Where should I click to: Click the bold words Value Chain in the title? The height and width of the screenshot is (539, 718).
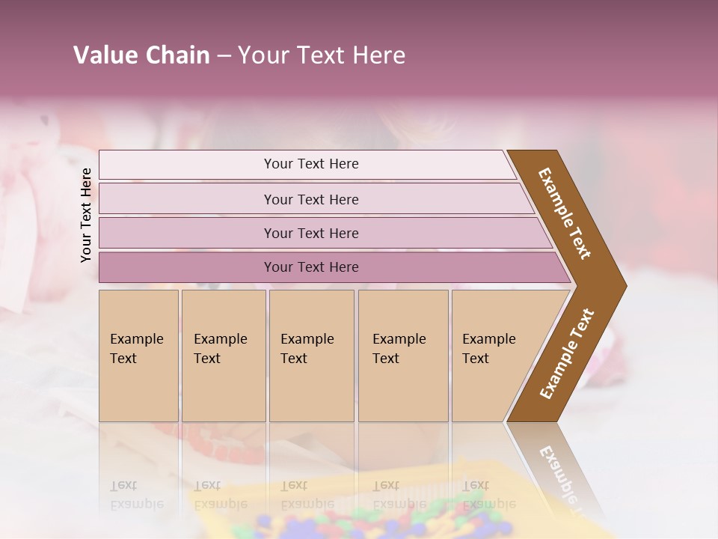point(141,55)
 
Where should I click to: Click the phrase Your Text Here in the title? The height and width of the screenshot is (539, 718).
point(322,55)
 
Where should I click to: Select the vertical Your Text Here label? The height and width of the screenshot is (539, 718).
point(86,215)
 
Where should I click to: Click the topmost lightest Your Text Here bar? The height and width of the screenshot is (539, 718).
point(311,164)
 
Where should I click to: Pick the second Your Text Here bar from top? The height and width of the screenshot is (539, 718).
point(311,199)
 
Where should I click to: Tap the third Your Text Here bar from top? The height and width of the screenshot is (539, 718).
point(311,233)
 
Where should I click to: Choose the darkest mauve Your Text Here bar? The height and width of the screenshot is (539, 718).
point(311,267)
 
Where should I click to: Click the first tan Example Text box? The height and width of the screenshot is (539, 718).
point(138,356)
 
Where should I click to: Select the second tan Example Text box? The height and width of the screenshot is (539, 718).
point(224,356)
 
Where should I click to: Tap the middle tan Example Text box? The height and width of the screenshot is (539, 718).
point(311,356)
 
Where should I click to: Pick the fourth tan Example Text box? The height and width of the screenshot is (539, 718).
point(403,356)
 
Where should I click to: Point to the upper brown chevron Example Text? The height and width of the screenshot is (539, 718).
point(565,213)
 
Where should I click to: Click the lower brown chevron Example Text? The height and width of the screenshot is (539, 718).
point(567,354)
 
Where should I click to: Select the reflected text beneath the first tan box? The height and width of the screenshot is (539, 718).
point(136,495)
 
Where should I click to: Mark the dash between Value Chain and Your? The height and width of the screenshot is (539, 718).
point(224,56)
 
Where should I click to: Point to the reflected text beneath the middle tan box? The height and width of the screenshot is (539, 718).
point(307,495)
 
